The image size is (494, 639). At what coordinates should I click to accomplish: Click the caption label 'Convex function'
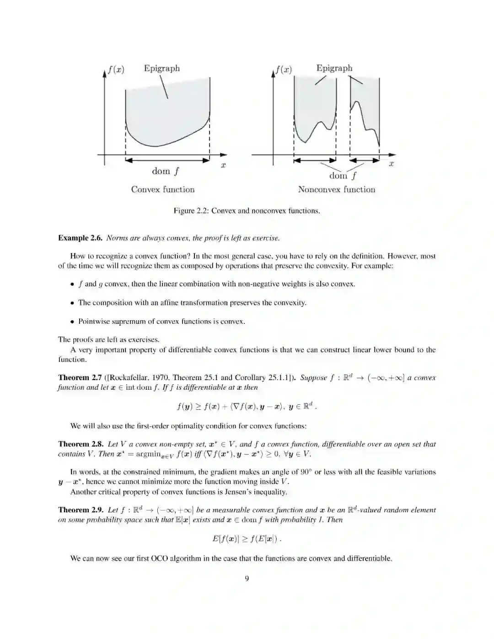tap(163, 189)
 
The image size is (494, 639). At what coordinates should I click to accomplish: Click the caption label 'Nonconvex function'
tap(336, 189)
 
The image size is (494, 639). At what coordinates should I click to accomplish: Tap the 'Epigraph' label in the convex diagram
tap(162, 68)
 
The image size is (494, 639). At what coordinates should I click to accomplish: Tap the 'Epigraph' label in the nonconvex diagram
tap(334, 68)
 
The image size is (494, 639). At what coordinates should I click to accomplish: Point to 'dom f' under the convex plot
tap(166, 171)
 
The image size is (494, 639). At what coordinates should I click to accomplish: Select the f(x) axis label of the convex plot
tap(116, 70)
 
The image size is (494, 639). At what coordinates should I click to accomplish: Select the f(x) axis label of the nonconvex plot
tap(284, 70)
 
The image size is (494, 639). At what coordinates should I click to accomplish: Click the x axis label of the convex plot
tap(223, 166)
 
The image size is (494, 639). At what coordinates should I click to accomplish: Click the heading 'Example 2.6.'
tap(80, 238)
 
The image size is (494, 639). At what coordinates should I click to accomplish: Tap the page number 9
tap(247, 579)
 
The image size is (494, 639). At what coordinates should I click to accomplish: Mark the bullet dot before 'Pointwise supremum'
tap(72, 322)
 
